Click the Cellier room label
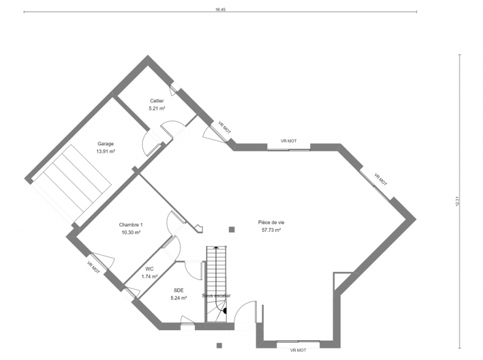point(157,101)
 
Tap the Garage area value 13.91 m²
point(106,151)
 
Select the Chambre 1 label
point(131,225)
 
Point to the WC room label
point(149,269)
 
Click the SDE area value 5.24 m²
point(179,298)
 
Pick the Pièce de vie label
point(271,223)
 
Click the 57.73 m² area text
point(271,230)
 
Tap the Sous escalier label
point(216,296)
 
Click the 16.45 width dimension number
point(221,10)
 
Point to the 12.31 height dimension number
point(457,201)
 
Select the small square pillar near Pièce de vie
point(232,229)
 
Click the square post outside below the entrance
point(219,346)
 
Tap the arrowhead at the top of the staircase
point(216,247)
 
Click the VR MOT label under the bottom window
point(298,350)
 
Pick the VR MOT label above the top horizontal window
point(289,141)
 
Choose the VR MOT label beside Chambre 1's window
point(94,268)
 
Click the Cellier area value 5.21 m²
point(157,109)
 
